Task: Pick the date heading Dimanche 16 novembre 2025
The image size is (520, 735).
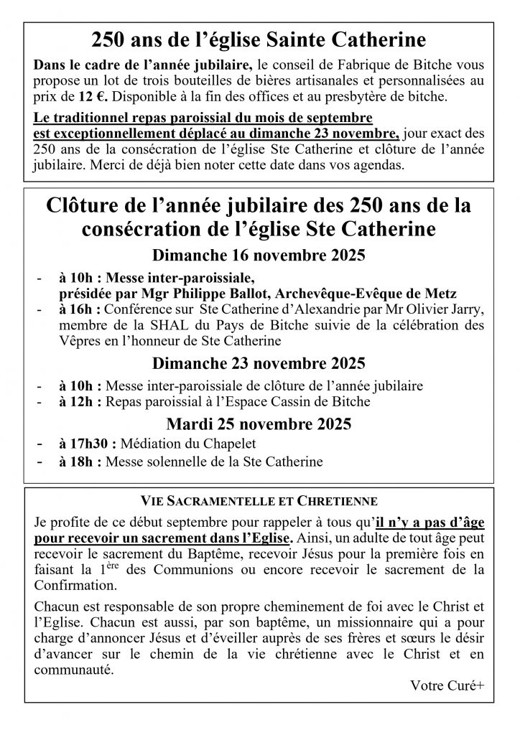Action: (x=259, y=256)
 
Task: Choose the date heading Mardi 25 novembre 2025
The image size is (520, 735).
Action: (x=259, y=423)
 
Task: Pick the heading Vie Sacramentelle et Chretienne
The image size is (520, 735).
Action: (x=259, y=497)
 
